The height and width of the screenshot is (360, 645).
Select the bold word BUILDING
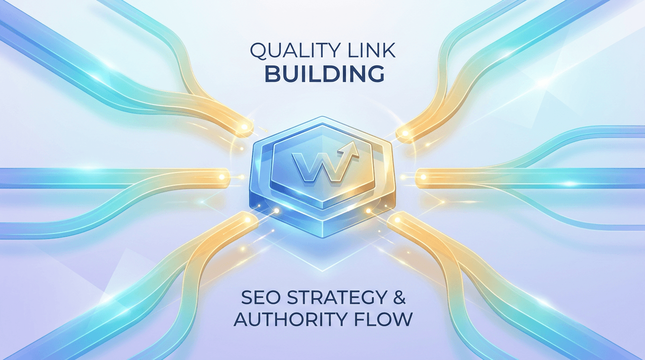click(x=324, y=74)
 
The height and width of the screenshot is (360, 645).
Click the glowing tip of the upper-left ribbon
click(x=245, y=127)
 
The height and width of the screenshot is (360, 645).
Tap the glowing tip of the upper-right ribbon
click(x=405, y=133)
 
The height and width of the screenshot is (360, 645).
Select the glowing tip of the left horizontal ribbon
click(x=222, y=176)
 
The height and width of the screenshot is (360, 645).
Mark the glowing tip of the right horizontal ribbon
click(x=423, y=177)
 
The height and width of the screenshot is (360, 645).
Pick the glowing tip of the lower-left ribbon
click(x=247, y=220)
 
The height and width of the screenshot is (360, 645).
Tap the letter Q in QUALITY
click(x=258, y=51)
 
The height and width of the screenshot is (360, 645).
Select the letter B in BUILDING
click(x=271, y=74)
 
